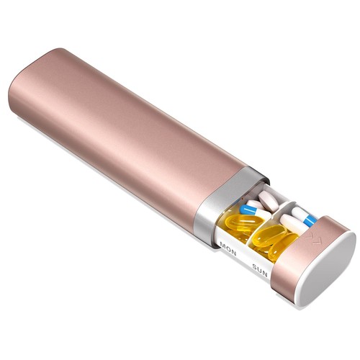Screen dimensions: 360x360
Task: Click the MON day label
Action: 228,249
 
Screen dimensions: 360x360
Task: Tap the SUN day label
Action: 260,271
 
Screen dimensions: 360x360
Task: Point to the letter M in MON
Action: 223,246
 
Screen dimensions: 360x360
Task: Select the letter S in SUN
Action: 255,266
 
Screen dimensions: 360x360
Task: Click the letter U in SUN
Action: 259,270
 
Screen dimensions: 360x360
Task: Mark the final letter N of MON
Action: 233,253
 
